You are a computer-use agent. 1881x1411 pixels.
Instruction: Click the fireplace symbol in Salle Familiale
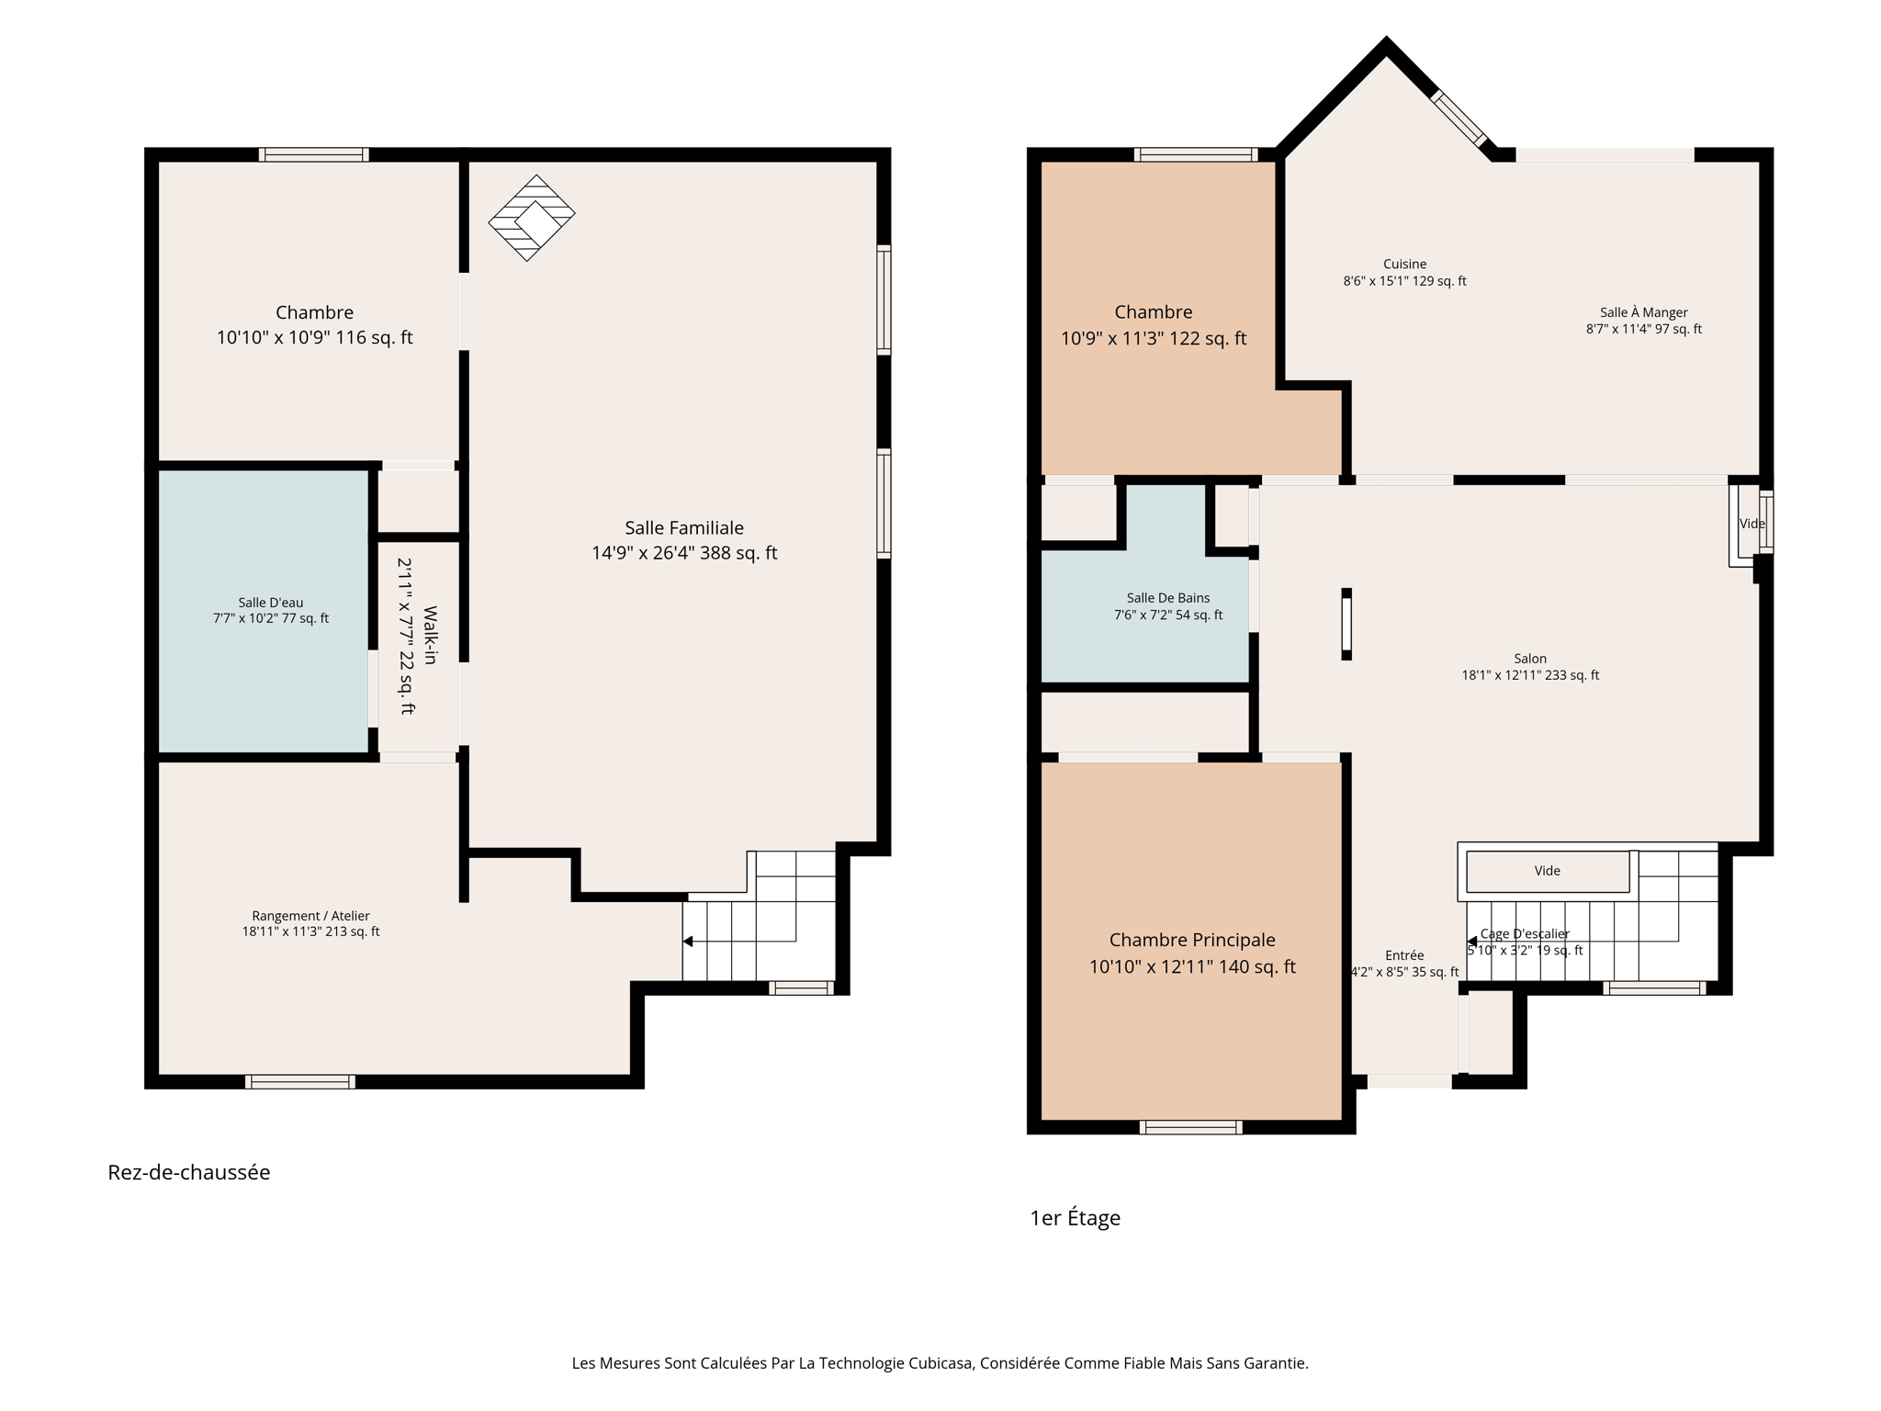tap(531, 218)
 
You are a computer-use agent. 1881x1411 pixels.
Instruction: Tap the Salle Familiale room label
tap(683, 528)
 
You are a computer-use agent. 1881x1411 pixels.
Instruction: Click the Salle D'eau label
tap(270, 603)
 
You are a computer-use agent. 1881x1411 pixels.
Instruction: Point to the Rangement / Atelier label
tap(310, 916)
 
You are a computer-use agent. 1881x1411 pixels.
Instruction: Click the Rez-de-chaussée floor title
tap(188, 1172)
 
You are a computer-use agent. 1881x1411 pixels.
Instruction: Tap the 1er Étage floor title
tap(1075, 1218)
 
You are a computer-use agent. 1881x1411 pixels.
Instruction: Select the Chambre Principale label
tap(1191, 940)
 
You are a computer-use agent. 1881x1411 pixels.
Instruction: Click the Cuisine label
tap(1404, 265)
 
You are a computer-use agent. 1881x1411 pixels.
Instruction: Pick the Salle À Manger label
tap(1643, 312)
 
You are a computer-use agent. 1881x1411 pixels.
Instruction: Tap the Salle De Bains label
tap(1167, 598)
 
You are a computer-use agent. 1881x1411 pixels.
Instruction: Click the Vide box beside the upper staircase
tap(1547, 871)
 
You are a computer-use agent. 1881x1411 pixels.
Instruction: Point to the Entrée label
tap(1404, 955)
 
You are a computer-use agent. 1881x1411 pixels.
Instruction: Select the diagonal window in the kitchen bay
tap(1459, 119)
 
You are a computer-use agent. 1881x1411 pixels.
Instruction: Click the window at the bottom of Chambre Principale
tap(1190, 1127)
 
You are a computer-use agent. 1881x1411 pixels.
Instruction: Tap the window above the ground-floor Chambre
tap(313, 154)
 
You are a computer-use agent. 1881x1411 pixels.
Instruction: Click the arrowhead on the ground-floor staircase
tap(688, 942)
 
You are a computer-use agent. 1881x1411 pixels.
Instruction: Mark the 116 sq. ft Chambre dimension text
tap(314, 338)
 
